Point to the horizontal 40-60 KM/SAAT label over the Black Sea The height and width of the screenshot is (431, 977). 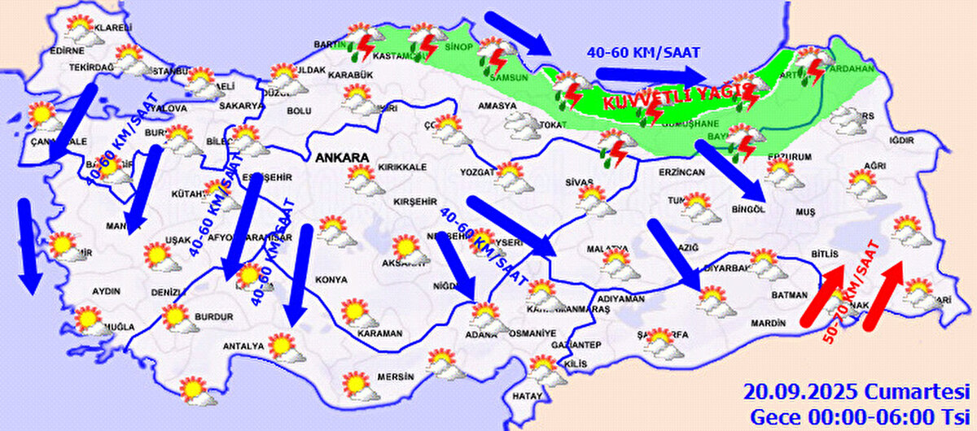tap(643, 52)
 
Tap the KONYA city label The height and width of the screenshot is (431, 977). tap(331, 280)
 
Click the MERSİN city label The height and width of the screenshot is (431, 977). tap(396, 377)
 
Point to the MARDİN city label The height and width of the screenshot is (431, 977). tap(766, 323)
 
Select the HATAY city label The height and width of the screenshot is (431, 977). tap(527, 396)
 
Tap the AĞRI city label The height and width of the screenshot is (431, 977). tap(874, 166)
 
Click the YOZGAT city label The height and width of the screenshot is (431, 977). tap(476, 172)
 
